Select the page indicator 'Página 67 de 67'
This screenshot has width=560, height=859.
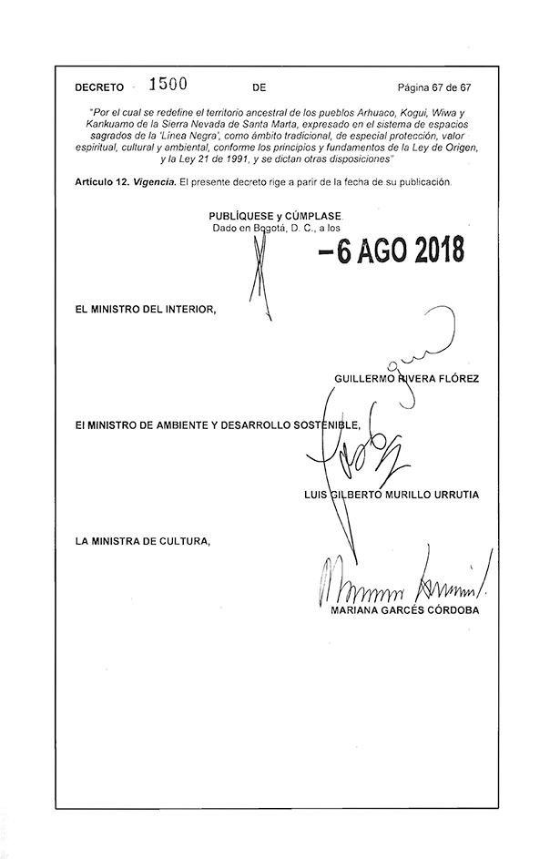[x=434, y=88]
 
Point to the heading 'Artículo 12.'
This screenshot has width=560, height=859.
[x=103, y=182]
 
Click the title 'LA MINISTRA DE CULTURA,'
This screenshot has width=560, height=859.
[x=143, y=542]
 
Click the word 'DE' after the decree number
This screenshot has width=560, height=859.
[x=259, y=88]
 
